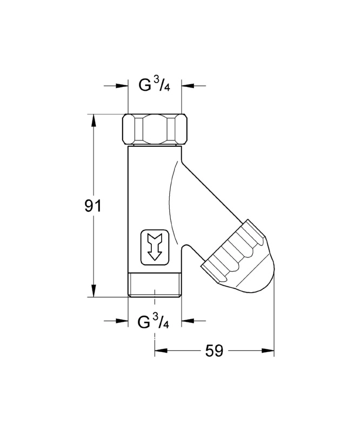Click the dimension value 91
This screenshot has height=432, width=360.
(x=93, y=206)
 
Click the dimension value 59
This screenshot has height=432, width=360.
(x=214, y=351)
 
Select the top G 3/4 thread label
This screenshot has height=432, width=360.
(x=154, y=85)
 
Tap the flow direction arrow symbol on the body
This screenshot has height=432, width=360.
(x=155, y=248)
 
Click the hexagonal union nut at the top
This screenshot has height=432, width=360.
(x=155, y=129)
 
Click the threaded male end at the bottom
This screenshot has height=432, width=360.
(x=155, y=286)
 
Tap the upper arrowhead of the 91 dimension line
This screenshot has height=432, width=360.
(x=94, y=118)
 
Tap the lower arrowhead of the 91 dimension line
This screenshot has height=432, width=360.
(x=94, y=292)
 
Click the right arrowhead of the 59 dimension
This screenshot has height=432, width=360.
(x=270, y=351)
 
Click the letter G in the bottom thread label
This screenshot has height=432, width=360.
(x=144, y=322)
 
